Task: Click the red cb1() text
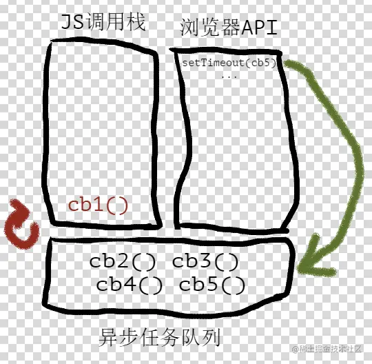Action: pos(98,205)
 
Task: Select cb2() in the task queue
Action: pos(123,262)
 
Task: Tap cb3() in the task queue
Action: pos(205,262)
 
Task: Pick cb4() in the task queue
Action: pos(130,285)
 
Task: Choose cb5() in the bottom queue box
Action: pos(212,285)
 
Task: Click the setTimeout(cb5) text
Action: pos(229,63)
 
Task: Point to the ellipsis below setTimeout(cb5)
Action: pos(229,77)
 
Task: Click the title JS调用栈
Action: pos(103,23)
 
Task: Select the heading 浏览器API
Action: pos(229,28)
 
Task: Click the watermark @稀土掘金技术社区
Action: pos(327,350)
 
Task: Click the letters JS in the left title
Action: pos(72,22)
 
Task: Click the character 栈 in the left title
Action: pos(136,22)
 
